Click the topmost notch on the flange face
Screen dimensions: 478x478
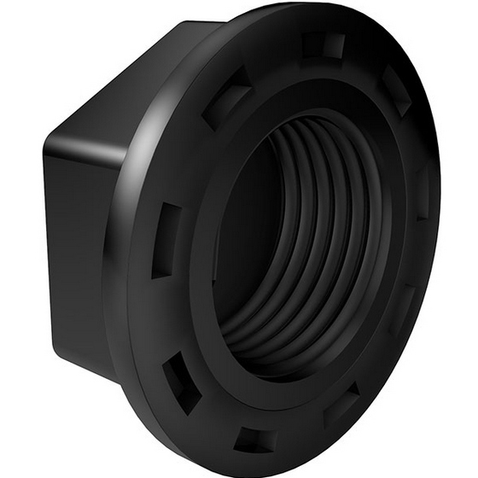pyautogui.click(x=324, y=44)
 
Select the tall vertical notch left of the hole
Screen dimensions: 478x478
pyautogui.click(x=166, y=241)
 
